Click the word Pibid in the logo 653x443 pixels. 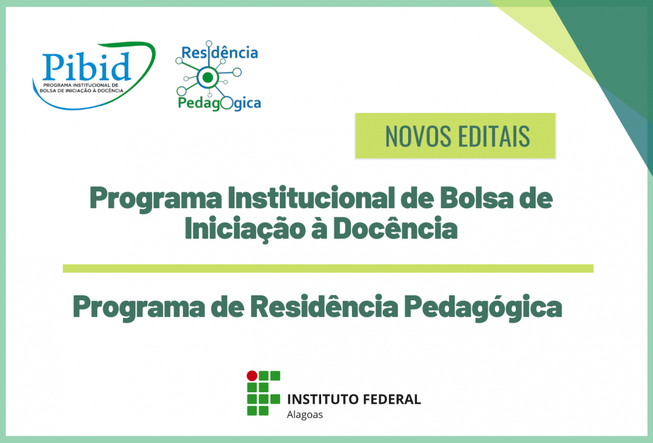pyautogui.click(x=87, y=67)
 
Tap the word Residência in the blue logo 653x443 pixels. pyautogui.click(x=220, y=52)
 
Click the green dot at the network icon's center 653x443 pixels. pyautogui.click(x=207, y=77)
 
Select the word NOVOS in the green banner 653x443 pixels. pyautogui.click(x=418, y=136)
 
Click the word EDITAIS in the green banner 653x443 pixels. pyautogui.click(x=494, y=136)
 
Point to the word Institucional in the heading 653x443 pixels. pyautogui.click(x=311, y=198)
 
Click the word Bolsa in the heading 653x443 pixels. pyautogui.click(x=476, y=198)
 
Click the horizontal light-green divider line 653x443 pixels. pyautogui.click(x=328, y=268)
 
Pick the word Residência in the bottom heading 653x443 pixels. pyautogui.click(x=324, y=306)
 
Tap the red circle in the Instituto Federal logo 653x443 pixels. pyautogui.click(x=252, y=375)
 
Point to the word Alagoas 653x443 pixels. pyautogui.click(x=305, y=415)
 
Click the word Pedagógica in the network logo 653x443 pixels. pyautogui.click(x=219, y=104)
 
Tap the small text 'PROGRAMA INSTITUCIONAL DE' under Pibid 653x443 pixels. pyautogui.click(x=81, y=85)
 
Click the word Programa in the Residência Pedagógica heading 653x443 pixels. pyautogui.click(x=139, y=307)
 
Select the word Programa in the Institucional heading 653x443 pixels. pyautogui.click(x=156, y=199)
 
